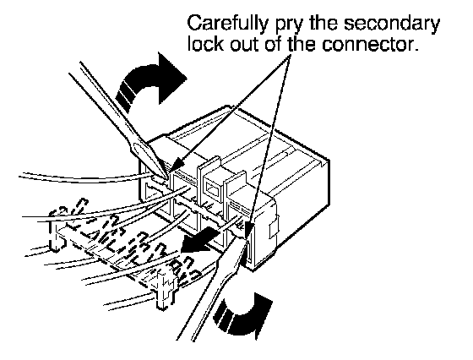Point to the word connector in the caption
point(370,44)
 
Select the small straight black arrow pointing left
point(199,240)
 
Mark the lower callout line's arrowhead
point(249,229)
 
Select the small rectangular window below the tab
point(212,191)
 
